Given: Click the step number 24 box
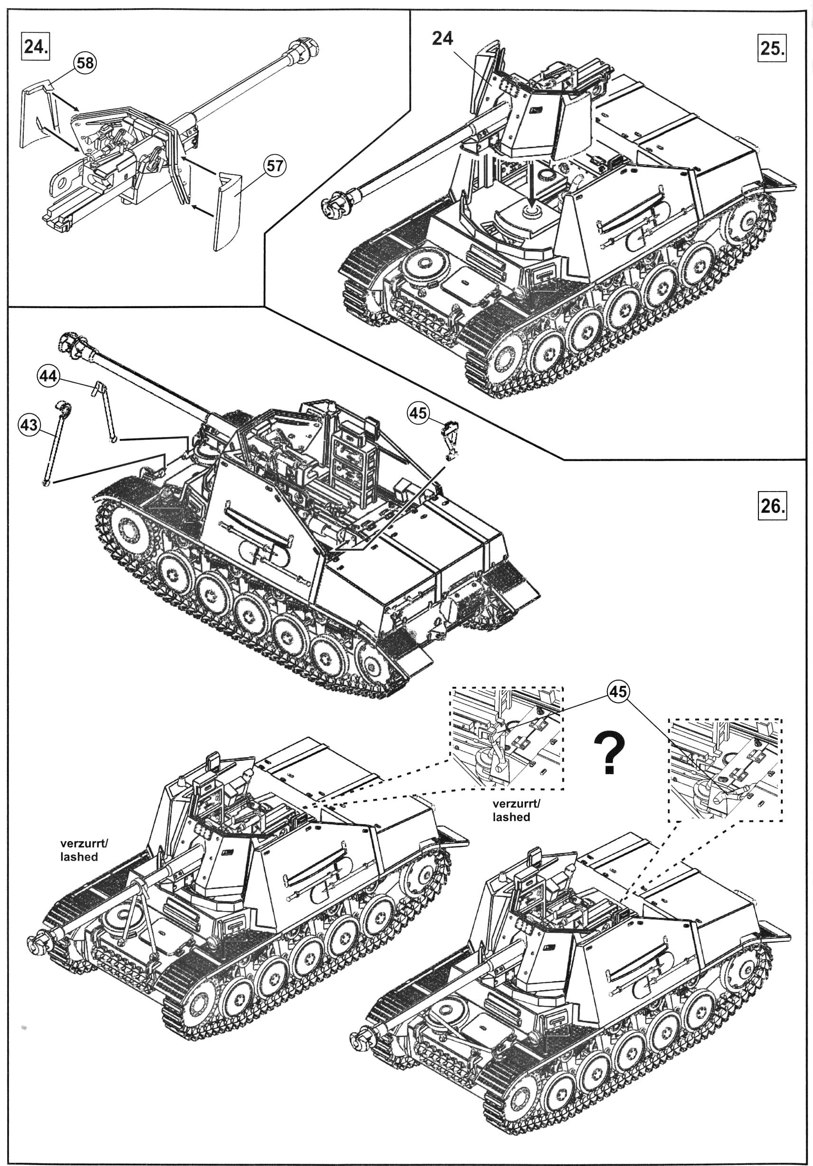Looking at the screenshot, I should tap(36, 47).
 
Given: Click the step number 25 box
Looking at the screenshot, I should tap(771, 48).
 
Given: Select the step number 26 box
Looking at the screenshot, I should tap(771, 506).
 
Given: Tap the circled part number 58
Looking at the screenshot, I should tap(85, 63).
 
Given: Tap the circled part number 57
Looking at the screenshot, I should tap(274, 166).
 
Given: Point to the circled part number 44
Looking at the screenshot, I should tap(48, 376).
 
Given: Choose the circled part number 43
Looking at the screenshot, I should tap(28, 424).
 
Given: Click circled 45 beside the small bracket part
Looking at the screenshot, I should tap(418, 413).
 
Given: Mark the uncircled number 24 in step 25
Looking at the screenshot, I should tap(442, 38).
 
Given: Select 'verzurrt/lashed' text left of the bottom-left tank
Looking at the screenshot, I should tap(84, 850).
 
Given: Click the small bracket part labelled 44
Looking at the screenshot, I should tap(105, 411).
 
